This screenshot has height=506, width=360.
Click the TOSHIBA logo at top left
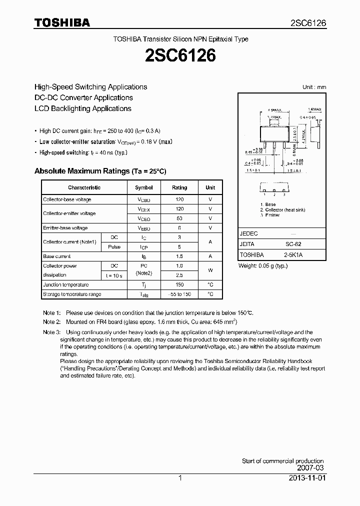point(62,22)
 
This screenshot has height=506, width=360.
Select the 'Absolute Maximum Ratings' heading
point(100,171)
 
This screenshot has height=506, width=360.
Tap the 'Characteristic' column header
point(84,187)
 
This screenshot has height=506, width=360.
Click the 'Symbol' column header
point(144,187)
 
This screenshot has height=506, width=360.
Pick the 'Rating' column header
point(179,187)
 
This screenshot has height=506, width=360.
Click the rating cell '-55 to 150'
point(179,294)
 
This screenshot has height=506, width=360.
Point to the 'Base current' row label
point(57,256)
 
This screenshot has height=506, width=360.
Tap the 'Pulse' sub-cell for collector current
point(114,246)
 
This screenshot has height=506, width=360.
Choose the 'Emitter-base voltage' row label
point(65,228)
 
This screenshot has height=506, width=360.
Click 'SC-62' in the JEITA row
point(292,244)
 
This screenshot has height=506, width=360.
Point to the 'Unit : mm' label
point(314,87)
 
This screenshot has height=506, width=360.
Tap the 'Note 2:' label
point(52,322)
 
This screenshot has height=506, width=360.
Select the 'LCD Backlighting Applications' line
point(83,108)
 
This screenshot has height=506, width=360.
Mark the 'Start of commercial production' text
point(282,461)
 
